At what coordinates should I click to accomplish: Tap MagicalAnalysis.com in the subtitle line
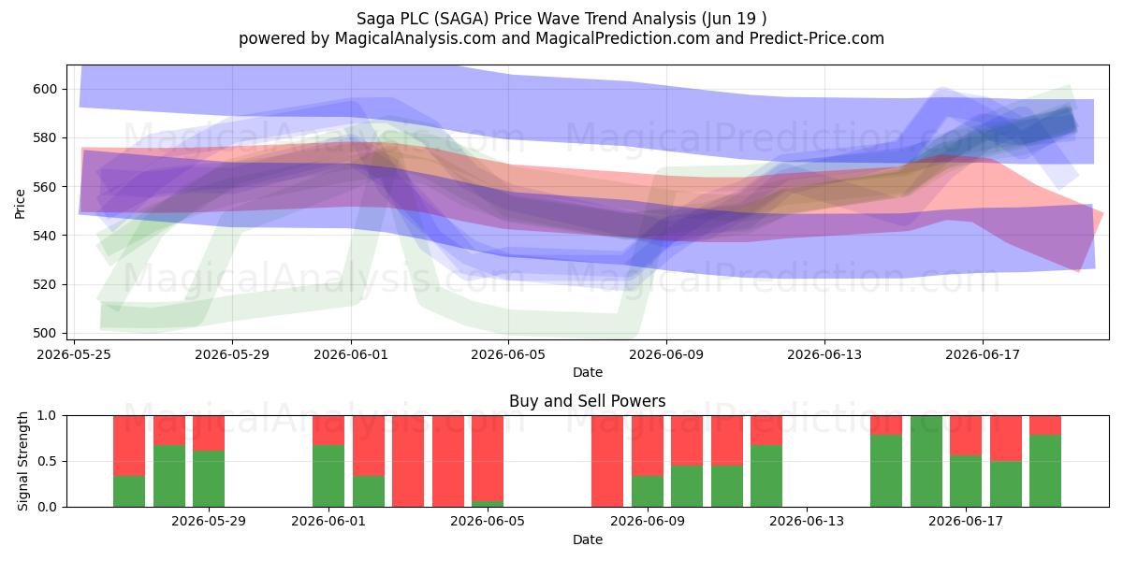click(416, 38)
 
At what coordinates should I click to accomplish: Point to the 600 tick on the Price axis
click(46, 89)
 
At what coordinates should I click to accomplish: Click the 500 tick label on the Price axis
click(46, 333)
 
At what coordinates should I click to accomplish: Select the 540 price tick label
click(46, 236)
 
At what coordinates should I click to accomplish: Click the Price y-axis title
click(20, 204)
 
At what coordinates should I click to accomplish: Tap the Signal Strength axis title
click(22, 461)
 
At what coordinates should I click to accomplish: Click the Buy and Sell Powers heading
click(588, 401)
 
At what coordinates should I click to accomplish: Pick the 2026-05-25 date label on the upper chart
click(74, 354)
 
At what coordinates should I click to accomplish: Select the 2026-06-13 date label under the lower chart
click(807, 521)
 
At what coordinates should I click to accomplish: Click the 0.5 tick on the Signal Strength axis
click(47, 461)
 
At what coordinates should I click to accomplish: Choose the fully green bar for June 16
click(926, 461)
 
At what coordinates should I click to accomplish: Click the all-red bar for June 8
click(607, 461)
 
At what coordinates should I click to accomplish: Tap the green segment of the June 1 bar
click(328, 476)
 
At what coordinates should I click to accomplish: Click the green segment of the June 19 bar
click(1045, 471)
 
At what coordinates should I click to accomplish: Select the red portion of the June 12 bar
click(766, 430)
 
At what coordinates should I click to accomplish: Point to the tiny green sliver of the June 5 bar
click(488, 504)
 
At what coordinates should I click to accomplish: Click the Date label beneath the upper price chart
click(588, 372)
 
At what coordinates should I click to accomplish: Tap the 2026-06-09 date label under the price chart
click(666, 354)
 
